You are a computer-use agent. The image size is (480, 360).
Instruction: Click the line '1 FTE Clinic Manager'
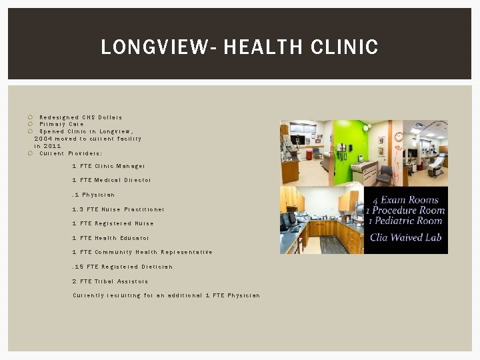pyautogui.click(x=108, y=166)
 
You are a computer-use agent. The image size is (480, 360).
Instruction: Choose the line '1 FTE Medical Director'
pyautogui.click(x=111, y=180)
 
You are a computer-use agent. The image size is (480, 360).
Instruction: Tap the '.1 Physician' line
pyautogui.click(x=93, y=195)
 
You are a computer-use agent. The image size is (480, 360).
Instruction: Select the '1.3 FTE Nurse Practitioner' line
pyautogui.click(x=118, y=209)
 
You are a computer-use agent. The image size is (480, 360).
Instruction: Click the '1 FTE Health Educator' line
pyautogui.click(x=111, y=238)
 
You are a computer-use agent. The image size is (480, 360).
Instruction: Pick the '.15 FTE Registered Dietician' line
pyautogui.click(x=122, y=267)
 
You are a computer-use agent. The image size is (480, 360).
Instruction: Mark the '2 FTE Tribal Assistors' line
pyautogui.click(x=110, y=281)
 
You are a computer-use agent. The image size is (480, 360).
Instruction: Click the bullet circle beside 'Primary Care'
pyautogui.click(x=31, y=124)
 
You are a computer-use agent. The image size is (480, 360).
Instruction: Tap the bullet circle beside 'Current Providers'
pyautogui.click(x=31, y=153)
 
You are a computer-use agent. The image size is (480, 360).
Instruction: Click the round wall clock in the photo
pyautogui.click(x=399, y=137)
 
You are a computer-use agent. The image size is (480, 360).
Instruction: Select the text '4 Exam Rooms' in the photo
pyautogui.click(x=405, y=200)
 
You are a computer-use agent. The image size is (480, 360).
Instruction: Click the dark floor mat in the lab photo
pyautogui.click(x=333, y=245)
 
